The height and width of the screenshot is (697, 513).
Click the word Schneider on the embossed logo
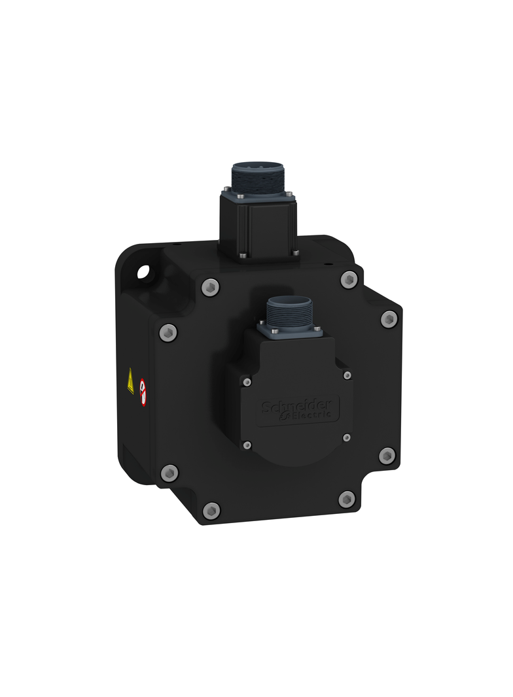point(299,405)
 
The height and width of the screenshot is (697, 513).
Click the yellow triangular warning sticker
point(131,381)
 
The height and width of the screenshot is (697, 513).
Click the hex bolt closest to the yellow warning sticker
point(168,331)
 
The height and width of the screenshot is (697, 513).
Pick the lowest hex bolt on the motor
point(211,510)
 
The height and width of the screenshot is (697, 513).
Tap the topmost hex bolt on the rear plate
point(349,280)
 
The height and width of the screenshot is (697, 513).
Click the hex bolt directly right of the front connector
point(389,318)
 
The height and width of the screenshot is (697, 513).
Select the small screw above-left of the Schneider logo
point(247,381)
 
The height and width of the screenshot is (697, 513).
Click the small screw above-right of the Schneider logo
point(347,375)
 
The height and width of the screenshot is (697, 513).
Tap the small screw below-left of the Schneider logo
point(247,445)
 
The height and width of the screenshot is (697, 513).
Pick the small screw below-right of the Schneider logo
point(347,437)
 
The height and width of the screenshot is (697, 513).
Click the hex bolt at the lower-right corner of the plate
point(347,500)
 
